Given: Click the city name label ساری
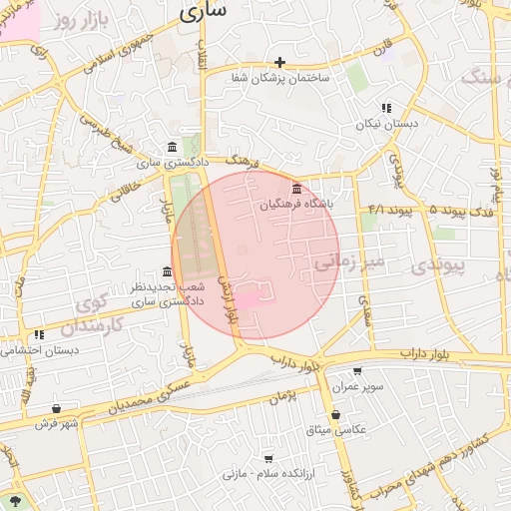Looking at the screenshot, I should (203, 11).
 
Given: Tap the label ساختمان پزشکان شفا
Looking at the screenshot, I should (279, 78).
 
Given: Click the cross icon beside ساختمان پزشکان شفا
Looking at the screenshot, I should (279, 62).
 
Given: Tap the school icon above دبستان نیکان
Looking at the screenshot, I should (386, 108).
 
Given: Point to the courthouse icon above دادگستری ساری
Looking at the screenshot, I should (173, 147).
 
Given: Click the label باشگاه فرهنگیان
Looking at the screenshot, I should (295, 204).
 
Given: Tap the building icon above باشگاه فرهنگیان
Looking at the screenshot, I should (296, 189).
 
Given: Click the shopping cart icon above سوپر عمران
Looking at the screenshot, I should (357, 371).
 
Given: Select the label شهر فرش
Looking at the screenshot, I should (57, 423).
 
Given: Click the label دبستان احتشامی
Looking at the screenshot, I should (40, 350).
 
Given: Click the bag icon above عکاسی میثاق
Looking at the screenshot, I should (335, 415).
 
